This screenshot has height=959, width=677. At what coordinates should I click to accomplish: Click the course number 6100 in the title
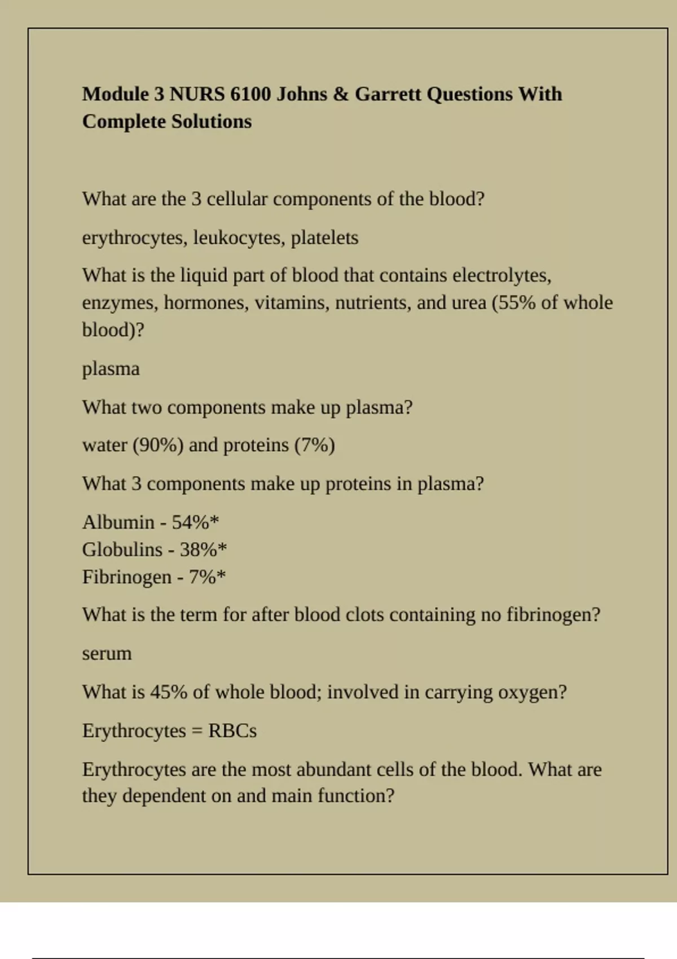point(250,94)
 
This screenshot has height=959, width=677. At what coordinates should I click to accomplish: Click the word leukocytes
point(239,237)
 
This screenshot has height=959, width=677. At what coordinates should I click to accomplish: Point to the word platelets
point(324,237)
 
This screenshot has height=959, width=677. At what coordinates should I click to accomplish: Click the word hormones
point(206,303)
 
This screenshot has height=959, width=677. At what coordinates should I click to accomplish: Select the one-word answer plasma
point(111,369)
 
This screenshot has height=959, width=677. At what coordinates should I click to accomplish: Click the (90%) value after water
point(158,445)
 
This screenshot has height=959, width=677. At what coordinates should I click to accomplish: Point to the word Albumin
point(118,522)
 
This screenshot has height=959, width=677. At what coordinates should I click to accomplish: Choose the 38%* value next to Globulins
point(203,549)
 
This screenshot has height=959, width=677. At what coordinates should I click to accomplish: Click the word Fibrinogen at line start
point(126,577)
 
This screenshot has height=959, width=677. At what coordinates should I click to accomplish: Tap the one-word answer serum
point(107,653)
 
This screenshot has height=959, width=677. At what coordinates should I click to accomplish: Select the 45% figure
point(168,692)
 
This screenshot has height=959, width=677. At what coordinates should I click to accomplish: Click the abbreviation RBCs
point(232,731)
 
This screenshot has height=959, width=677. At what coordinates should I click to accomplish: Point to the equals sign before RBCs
point(197,731)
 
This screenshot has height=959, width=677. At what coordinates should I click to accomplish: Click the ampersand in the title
point(341,94)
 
